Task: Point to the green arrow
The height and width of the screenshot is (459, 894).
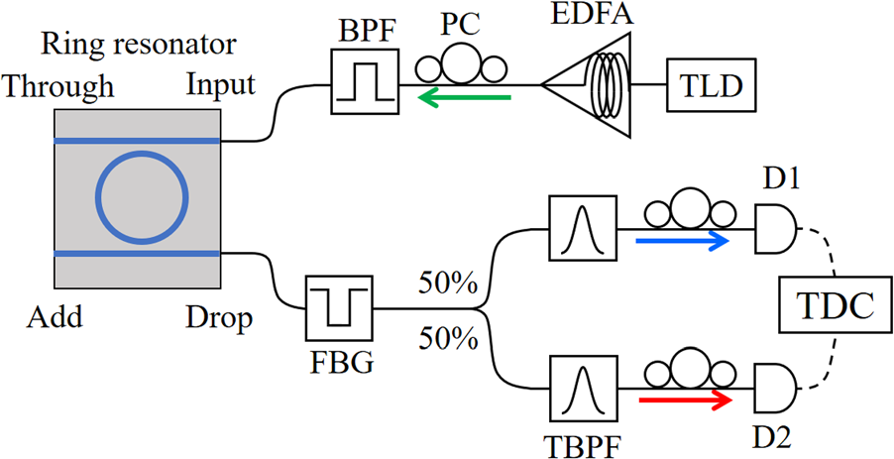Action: pyautogui.click(x=465, y=97)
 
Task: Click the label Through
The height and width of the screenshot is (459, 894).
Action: pyautogui.click(x=58, y=87)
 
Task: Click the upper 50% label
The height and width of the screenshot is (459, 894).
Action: pyautogui.click(x=448, y=285)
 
